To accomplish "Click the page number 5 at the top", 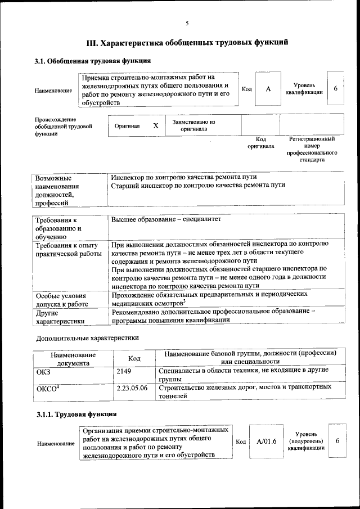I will (187, 23).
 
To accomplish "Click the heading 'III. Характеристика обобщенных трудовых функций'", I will (187, 42).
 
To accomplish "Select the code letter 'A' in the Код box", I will (268, 89).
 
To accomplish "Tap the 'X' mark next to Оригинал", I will (156, 126).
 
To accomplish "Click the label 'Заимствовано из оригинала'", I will (194, 125).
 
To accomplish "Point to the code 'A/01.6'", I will (267, 441).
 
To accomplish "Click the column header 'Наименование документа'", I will (73, 359).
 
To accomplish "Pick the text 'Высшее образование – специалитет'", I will (166, 219).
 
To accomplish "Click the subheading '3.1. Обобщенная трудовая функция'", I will (92, 60).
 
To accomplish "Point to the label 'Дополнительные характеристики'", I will (87, 338).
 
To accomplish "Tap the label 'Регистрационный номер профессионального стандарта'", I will (312, 149).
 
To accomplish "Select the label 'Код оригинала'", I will (260, 142).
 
